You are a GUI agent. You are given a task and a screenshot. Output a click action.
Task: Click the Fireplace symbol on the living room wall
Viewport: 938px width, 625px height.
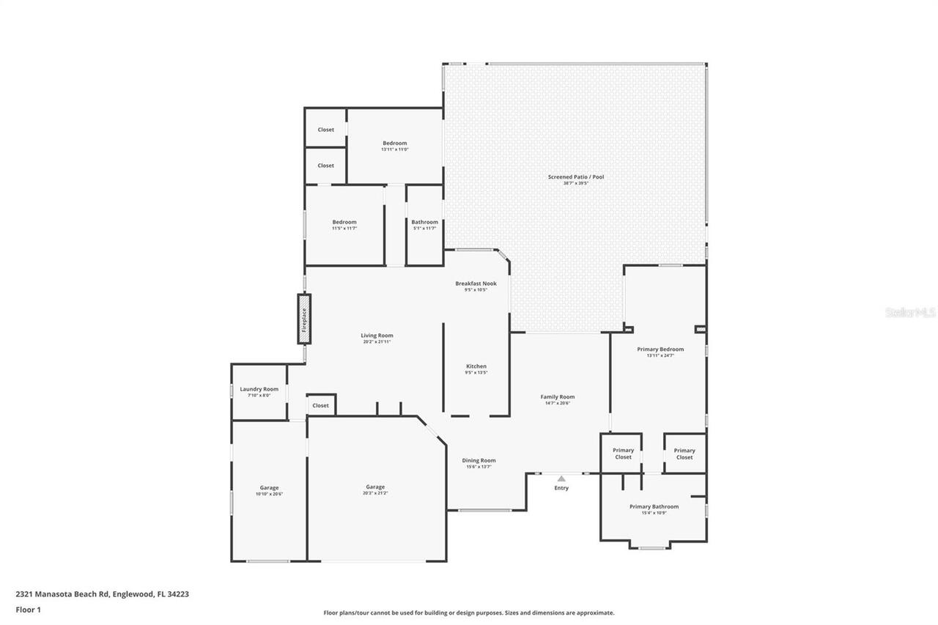(304, 319)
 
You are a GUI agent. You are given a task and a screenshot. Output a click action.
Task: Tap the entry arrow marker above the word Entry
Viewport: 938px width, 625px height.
(561, 478)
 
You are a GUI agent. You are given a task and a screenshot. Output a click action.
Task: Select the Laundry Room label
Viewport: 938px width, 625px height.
(259, 389)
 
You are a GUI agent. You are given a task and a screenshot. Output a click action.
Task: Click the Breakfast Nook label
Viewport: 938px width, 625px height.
(476, 284)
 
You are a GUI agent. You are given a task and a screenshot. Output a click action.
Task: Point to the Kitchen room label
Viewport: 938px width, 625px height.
(476, 366)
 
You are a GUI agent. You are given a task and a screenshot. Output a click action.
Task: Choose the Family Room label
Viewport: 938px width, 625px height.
(558, 396)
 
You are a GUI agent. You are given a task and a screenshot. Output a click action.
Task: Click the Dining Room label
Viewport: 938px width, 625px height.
(479, 460)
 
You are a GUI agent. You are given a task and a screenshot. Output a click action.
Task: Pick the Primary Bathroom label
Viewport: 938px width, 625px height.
(654, 506)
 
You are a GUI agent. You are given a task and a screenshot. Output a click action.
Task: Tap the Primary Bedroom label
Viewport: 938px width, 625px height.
(660, 350)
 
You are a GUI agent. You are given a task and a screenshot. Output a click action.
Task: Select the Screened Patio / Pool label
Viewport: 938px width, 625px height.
(576, 177)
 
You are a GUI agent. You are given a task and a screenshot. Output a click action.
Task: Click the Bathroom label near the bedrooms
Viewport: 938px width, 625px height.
(424, 222)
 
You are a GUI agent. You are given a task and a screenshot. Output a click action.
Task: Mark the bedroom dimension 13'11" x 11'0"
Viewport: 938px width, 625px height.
(394, 149)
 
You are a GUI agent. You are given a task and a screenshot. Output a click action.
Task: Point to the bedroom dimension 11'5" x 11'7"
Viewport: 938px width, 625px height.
(344, 229)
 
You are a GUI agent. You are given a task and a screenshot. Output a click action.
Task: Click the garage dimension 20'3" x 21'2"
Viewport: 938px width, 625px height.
(375, 494)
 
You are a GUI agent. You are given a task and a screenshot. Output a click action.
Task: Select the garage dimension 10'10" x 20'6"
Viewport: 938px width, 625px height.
(269, 495)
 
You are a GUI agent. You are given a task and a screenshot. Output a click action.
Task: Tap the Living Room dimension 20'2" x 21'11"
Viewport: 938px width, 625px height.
(377, 342)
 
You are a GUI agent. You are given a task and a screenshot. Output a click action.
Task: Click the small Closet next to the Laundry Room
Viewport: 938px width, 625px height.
(321, 405)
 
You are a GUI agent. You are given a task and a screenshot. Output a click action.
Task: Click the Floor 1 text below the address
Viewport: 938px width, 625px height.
(28, 609)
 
